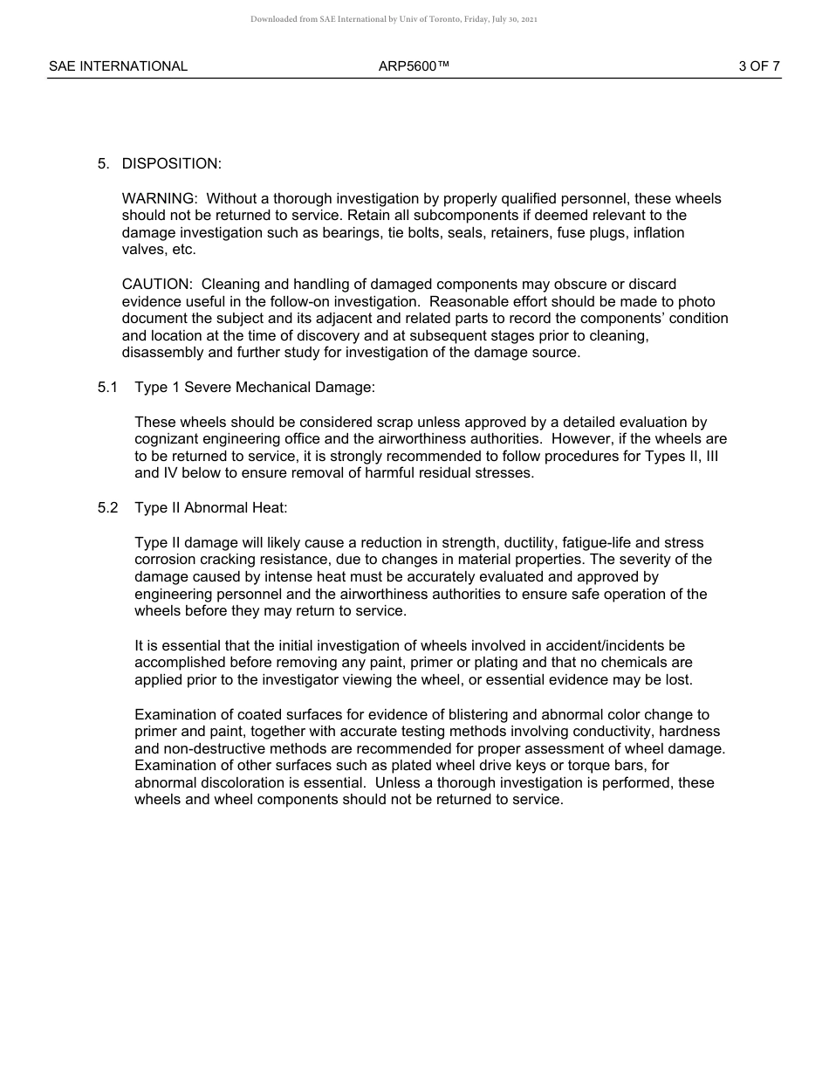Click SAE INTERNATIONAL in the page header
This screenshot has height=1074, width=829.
click(118, 66)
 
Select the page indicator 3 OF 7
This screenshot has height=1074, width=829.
click(758, 66)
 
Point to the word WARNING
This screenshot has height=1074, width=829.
click(159, 199)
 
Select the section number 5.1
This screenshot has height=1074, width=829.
click(107, 387)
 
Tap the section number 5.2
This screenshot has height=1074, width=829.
click(107, 508)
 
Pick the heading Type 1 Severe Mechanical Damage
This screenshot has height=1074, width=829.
click(255, 387)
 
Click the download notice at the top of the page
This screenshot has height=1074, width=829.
click(394, 18)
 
